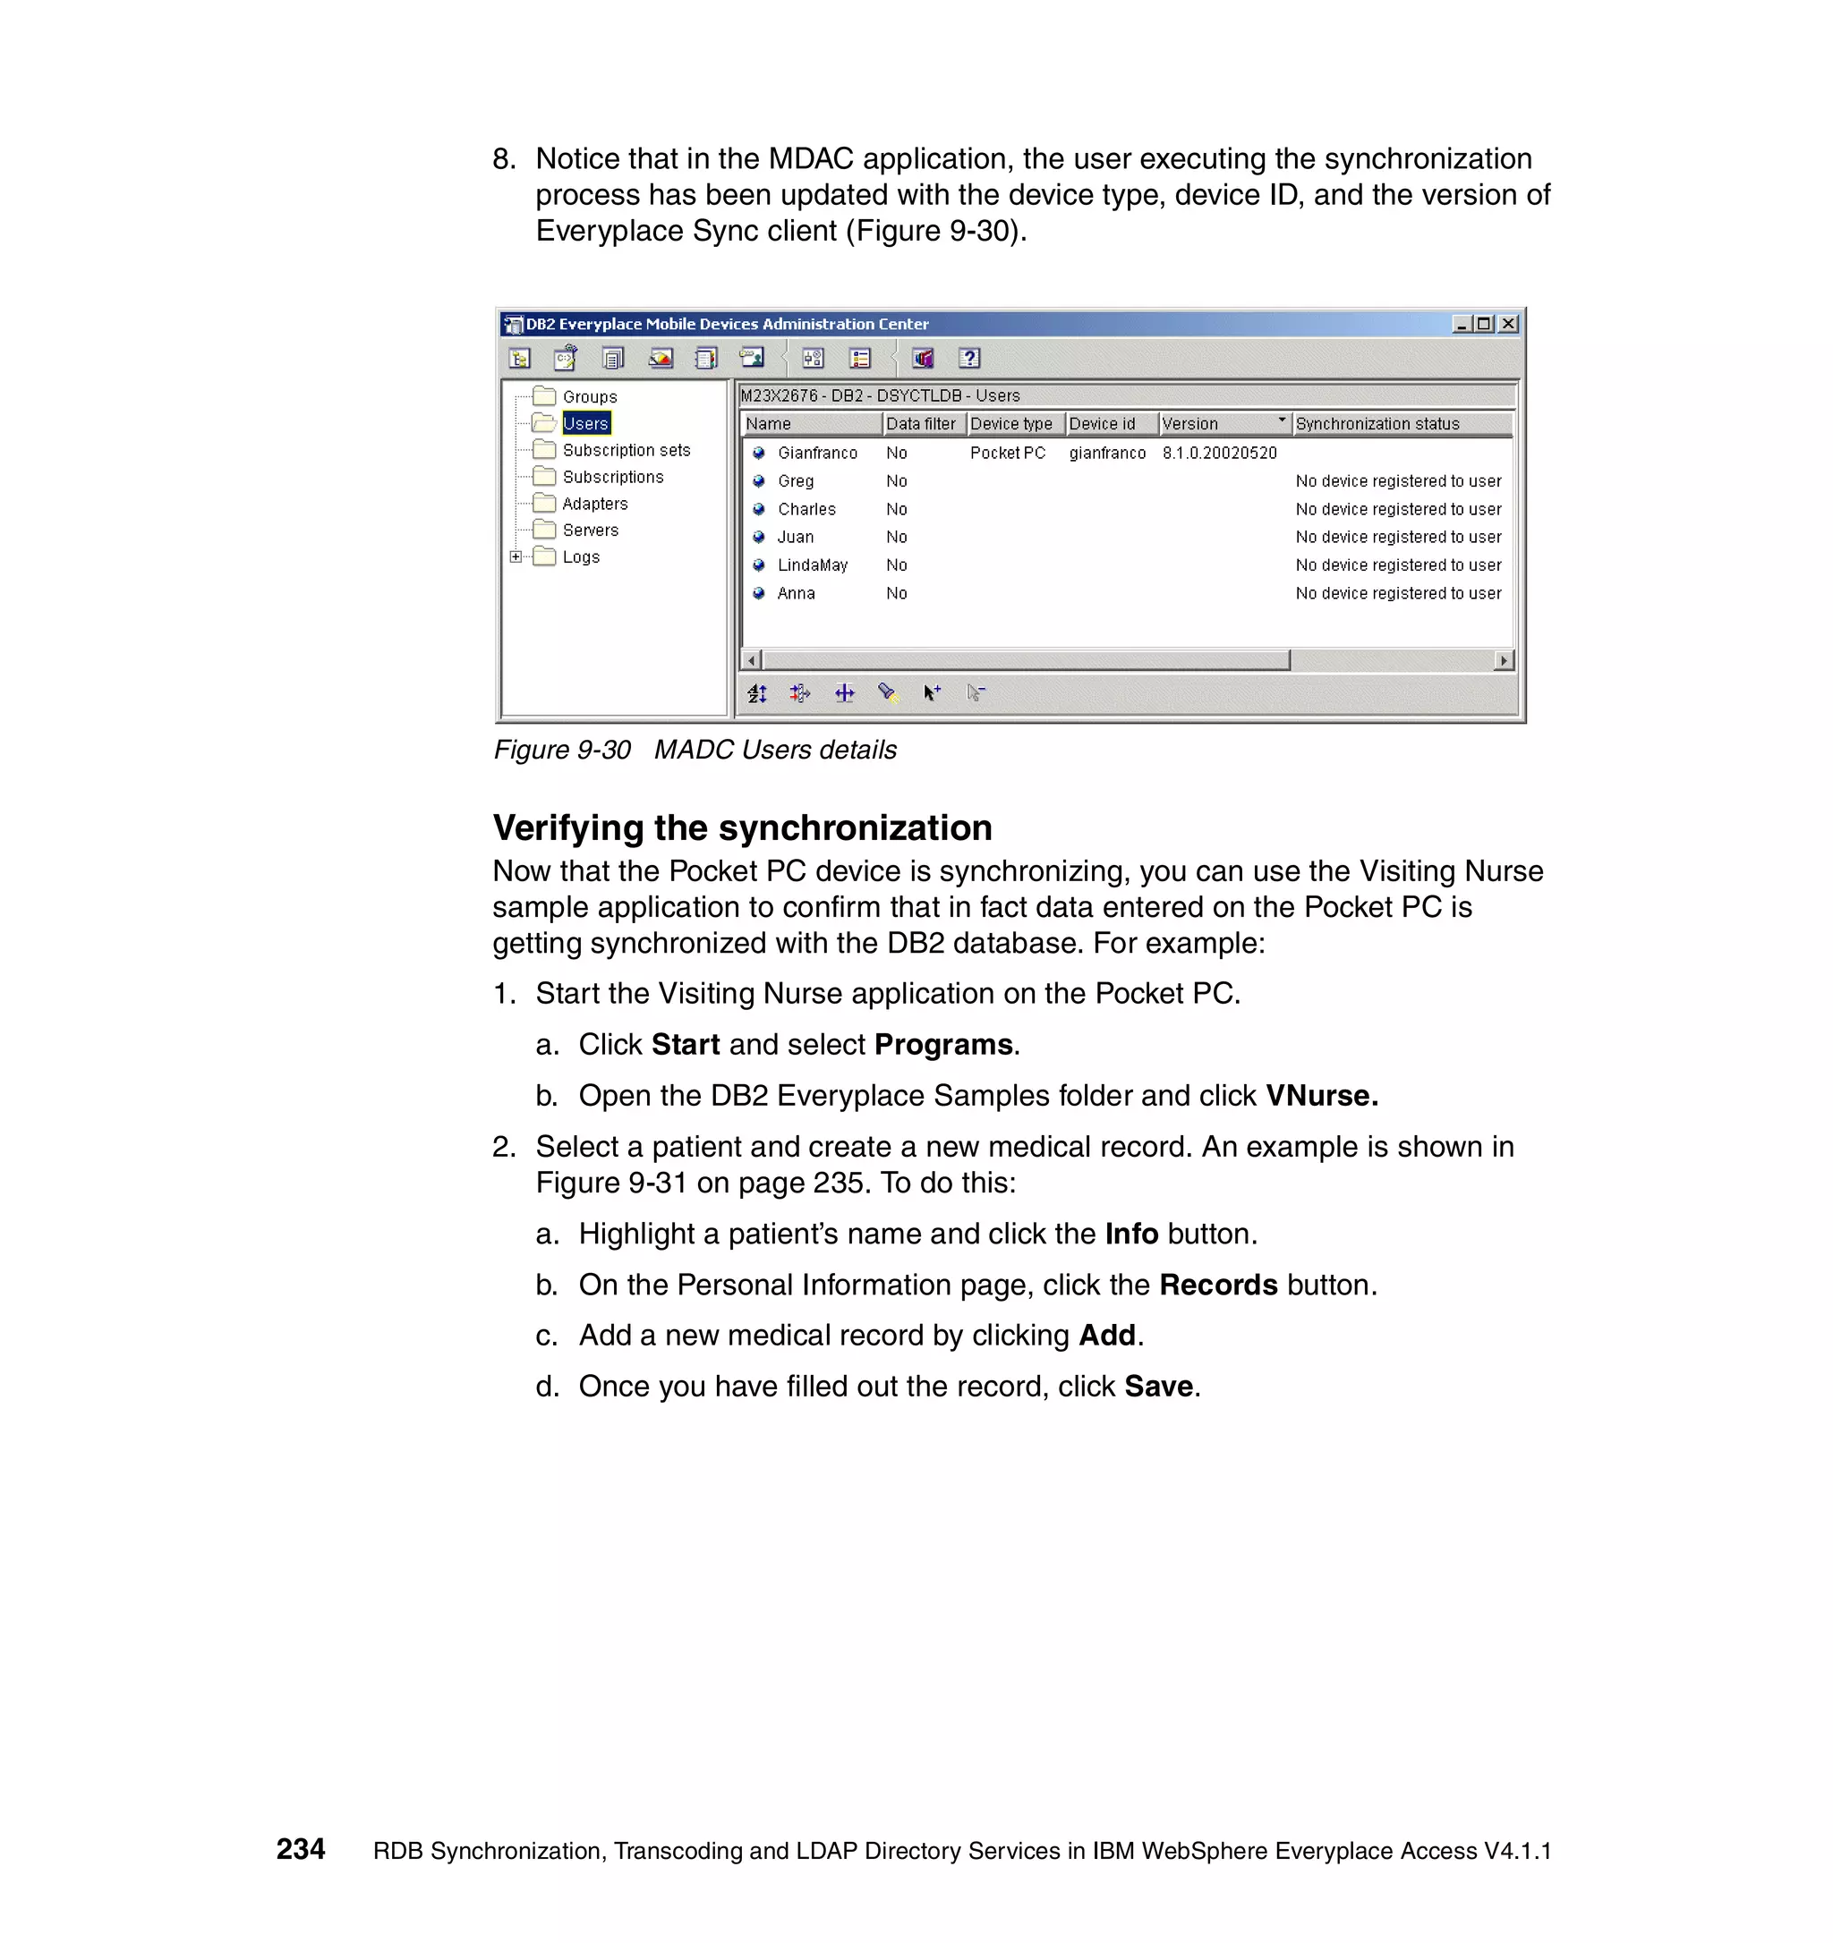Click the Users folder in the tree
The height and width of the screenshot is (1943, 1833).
(584, 423)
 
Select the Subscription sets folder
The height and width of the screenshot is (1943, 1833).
(626, 450)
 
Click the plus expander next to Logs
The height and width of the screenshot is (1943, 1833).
(516, 556)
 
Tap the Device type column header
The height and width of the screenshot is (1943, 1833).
(1011, 423)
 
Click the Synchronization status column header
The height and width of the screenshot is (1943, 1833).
(1377, 423)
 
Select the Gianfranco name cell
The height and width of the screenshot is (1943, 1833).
(817, 453)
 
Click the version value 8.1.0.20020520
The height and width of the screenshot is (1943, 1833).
(1219, 453)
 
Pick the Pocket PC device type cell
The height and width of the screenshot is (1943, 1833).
(1007, 453)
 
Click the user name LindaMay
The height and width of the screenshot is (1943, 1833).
(812, 564)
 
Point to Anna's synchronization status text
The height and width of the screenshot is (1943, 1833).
(1398, 593)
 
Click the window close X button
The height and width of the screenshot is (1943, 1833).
(1508, 324)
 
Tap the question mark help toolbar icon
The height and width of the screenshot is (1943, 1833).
(968, 359)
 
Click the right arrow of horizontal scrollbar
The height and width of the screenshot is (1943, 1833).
(1504, 661)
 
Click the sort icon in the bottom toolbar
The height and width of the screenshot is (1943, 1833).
(756, 693)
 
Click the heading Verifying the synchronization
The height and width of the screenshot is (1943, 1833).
(742, 827)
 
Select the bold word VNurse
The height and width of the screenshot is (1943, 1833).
(1321, 1096)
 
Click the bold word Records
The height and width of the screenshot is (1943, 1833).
(1218, 1285)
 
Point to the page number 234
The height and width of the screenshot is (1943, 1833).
(300, 1848)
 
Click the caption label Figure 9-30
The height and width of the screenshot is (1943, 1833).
(562, 750)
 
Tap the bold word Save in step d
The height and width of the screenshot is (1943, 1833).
(1158, 1386)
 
